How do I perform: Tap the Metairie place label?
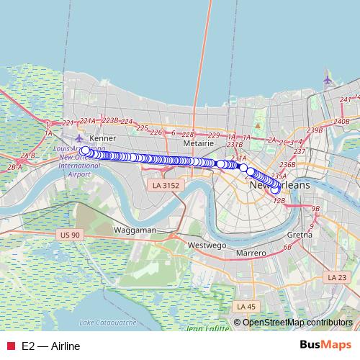click(199, 143)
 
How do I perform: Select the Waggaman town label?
click(135, 230)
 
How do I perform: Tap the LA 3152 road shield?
click(166, 186)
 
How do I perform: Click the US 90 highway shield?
click(71, 235)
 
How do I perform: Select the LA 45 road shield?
click(246, 307)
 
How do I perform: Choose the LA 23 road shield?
click(337, 277)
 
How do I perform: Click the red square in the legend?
click(11, 346)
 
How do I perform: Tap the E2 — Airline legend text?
click(51, 346)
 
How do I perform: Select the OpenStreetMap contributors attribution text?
click(297, 323)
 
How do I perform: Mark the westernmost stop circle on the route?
click(85, 150)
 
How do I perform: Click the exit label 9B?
click(315, 209)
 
